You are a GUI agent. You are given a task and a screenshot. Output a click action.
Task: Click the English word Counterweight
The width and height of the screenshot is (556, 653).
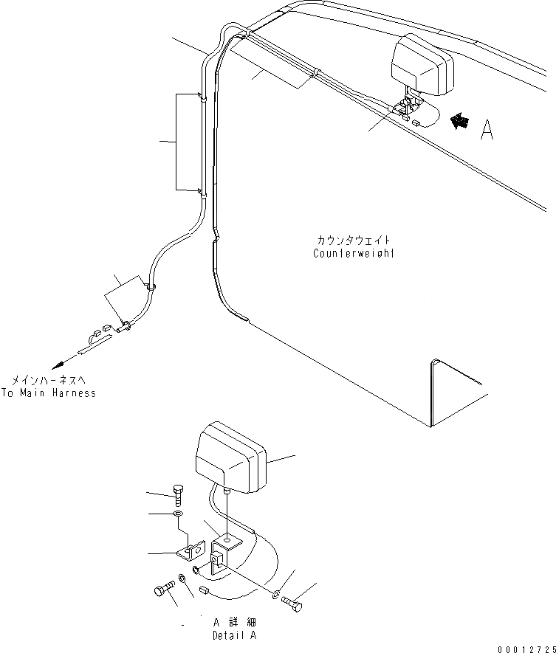tap(353, 254)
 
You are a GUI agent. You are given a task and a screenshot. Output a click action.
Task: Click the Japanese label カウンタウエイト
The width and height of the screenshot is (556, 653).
tap(353, 241)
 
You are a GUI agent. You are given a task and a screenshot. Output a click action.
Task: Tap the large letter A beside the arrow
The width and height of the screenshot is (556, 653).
tap(487, 131)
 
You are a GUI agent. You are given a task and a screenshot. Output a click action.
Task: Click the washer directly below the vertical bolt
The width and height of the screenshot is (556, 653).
tap(176, 514)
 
